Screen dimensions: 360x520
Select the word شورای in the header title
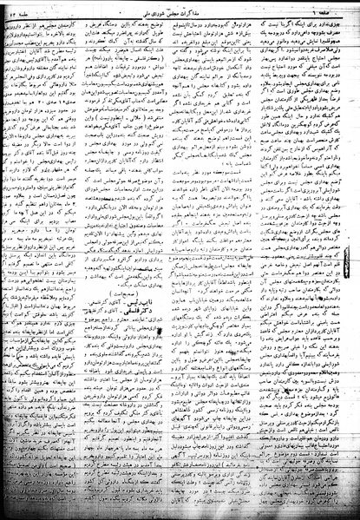pos(171,9)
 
